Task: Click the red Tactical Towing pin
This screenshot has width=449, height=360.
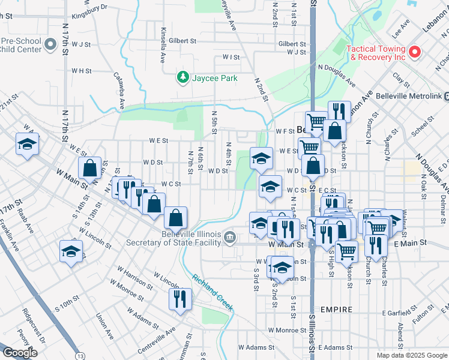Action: pos(415,52)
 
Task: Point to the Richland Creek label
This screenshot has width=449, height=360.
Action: pos(212,293)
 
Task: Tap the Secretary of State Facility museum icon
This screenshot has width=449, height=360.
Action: pos(230,239)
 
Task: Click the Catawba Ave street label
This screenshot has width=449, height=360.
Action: pos(119,90)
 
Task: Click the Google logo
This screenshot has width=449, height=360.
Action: pos(20,353)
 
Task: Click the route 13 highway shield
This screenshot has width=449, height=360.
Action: pos(79,356)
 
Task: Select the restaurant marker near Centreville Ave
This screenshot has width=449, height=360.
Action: pos(180,299)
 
